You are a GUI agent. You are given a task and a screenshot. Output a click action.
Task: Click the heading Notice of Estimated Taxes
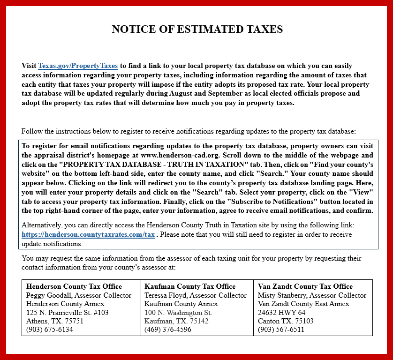[x=197, y=30]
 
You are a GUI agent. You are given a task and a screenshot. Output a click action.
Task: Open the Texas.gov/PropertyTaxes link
[x=78, y=66]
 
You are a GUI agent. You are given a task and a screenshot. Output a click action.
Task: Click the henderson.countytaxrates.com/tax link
[x=88, y=235]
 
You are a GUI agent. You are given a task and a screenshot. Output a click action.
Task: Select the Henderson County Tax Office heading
[x=74, y=286]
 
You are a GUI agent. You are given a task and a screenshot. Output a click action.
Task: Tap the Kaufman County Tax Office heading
[x=190, y=286]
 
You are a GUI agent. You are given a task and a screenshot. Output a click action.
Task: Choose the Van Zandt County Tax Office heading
[x=305, y=286]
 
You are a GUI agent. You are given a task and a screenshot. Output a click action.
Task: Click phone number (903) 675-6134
[x=50, y=330]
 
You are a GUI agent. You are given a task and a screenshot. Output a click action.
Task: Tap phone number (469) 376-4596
[x=168, y=330]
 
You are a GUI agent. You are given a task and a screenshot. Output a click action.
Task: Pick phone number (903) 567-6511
[x=281, y=330]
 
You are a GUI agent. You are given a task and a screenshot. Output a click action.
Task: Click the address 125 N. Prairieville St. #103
[x=68, y=313]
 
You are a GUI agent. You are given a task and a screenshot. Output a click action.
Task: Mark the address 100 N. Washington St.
[x=178, y=313]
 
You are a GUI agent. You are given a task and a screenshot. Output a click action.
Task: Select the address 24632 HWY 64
[x=281, y=313]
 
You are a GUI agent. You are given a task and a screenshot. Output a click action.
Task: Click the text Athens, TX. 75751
[x=55, y=321]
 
